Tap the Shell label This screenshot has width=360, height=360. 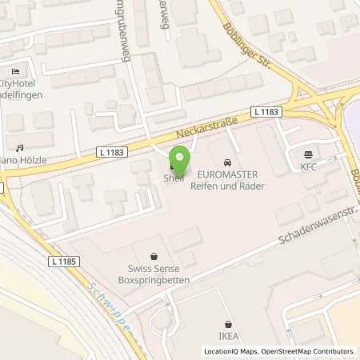(x=173, y=178)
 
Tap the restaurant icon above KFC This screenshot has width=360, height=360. (x=309, y=155)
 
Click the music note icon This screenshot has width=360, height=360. (x=20, y=147)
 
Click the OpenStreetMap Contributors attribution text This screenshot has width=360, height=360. (x=311, y=351)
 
